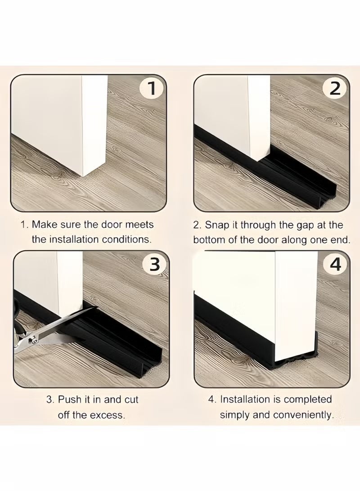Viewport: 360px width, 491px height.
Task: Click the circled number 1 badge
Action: point(152,89)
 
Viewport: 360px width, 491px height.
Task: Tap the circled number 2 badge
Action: point(335,89)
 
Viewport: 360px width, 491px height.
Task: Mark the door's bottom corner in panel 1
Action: point(83,176)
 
